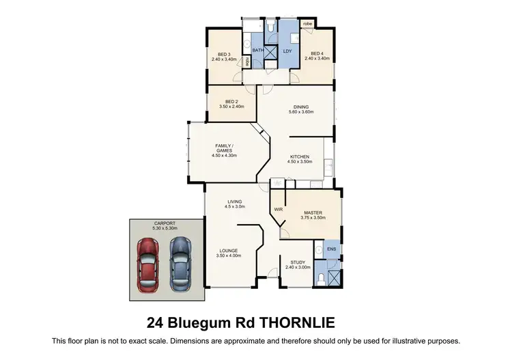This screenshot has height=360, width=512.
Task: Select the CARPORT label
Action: [x=165, y=223]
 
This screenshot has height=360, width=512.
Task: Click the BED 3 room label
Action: [x=224, y=54]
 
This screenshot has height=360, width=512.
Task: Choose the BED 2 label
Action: [x=224, y=102]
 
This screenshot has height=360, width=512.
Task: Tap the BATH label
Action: [x=259, y=51]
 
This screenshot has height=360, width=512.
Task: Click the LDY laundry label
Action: [x=287, y=51]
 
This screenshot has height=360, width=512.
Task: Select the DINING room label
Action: [x=302, y=107]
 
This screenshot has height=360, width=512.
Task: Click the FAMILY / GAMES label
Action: [x=224, y=148]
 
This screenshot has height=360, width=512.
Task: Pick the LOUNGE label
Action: [x=229, y=250]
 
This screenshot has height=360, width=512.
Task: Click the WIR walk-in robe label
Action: [x=278, y=209]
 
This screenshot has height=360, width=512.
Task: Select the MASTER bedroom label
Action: [x=313, y=212]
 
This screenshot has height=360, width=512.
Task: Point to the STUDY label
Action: [x=298, y=262]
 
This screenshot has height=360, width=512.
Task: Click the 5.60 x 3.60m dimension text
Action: [x=302, y=112]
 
